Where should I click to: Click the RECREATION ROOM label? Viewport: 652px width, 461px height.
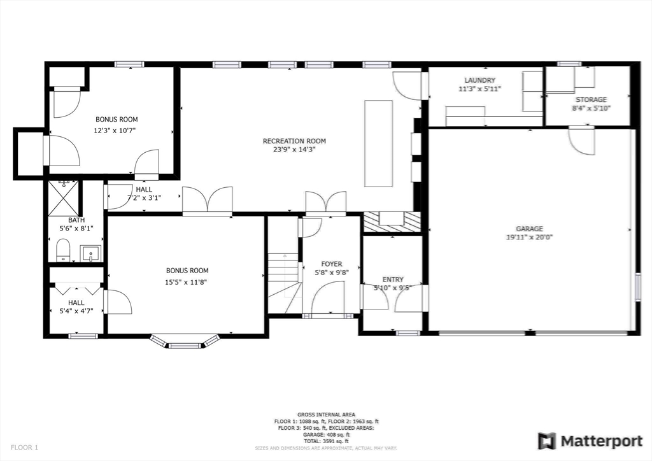(x=294, y=141)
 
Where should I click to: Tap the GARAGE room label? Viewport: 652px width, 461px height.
(x=529, y=229)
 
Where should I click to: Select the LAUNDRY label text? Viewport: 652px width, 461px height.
(x=479, y=80)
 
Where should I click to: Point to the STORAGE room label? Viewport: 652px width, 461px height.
(x=591, y=99)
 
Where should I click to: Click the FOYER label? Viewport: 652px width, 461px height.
(x=331, y=264)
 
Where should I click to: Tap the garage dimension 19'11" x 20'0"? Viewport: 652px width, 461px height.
(x=529, y=238)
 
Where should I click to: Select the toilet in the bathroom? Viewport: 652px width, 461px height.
(x=63, y=250)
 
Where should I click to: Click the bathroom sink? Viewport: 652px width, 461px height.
(x=90, y=253)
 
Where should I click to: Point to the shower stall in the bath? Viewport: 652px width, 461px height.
(x=65, y=199)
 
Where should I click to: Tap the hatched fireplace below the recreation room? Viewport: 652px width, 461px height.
(x=392, y=222)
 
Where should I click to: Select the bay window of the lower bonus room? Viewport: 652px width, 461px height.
(x=184, y=342)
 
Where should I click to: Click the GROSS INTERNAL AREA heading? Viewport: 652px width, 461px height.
(x=326, y=415)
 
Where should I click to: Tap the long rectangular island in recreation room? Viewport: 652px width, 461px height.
(x=378, y=143)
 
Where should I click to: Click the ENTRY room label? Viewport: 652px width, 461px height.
(x=393, y=280)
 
